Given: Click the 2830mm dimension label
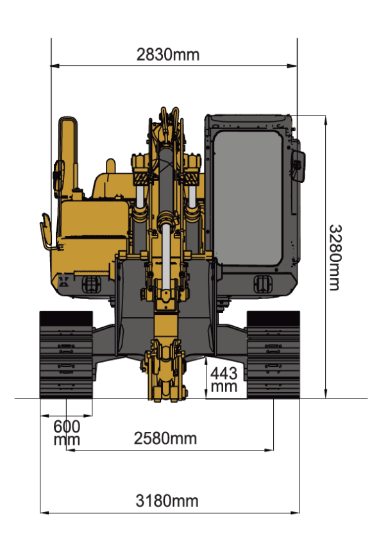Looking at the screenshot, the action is coord(168,55).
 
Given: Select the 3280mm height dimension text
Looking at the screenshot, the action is coord(335,257).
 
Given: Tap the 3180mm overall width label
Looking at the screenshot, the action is coord(167,501).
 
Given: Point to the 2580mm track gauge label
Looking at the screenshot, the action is coord(165,438).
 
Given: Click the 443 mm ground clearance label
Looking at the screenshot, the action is coord(224,380).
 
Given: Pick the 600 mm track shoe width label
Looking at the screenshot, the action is coord(67,432).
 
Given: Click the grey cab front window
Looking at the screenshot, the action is coord(248,198).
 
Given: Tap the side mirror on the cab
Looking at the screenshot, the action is coord(298,166).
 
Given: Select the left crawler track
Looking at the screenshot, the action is coord(66,355).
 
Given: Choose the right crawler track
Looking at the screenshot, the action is coord(273,355).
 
